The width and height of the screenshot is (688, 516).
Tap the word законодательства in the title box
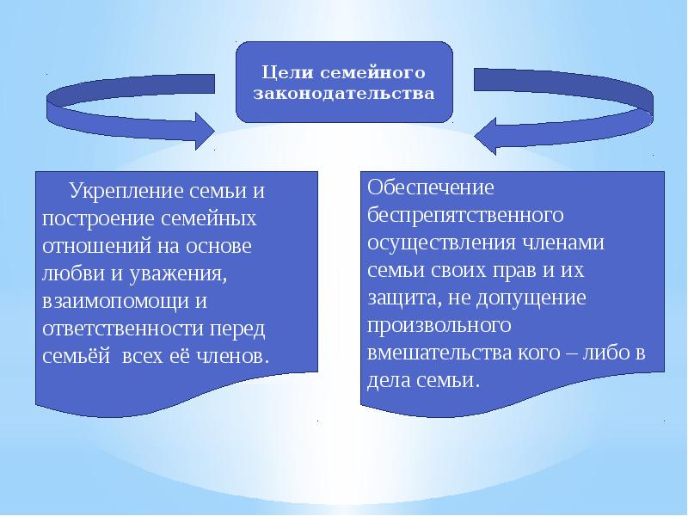pyautogui.click(x=342, y=93)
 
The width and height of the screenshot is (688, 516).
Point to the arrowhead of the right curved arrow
pyautogui.click(x=482, y=135)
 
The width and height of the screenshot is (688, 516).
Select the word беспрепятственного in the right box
pyautogui.click(x=465, y=214)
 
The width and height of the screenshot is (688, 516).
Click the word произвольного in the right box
pyautogui.click(x=440, y=326)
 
